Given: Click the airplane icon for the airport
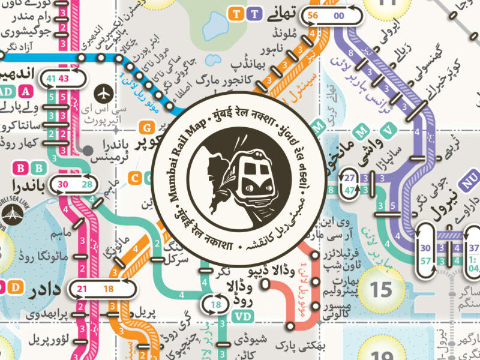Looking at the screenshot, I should [104, 94].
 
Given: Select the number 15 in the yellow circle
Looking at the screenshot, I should [380, 290].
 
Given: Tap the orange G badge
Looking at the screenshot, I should [146, 127].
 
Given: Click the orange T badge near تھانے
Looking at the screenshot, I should [238, 13].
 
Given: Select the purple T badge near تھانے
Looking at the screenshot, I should [254, 13].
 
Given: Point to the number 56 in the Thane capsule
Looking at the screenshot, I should [313, 16].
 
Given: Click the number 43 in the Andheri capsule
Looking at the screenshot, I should [64, 79].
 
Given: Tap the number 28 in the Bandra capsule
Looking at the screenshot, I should [88, 184].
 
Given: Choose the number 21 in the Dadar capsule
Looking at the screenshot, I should [82, 289].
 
